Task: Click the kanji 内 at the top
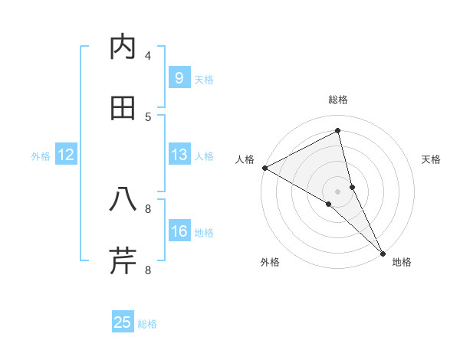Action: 123,47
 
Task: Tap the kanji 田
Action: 123,108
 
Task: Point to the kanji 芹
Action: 123,260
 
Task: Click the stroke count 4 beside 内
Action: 148,55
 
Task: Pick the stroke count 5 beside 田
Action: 148,116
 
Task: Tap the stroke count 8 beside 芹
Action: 148,270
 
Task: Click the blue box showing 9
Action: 179,78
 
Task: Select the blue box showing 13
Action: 179,155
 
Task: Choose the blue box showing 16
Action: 179,231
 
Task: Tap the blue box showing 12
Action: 66,155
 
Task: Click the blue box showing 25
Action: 123,322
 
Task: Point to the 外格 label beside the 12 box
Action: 41,156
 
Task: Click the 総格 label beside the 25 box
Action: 147,324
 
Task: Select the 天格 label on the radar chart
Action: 432,159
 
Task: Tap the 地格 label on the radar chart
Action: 402,262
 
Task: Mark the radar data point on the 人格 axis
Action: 264,168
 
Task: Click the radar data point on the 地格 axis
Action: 383,253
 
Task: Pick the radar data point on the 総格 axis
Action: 338,130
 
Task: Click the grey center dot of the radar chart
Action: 338,191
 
